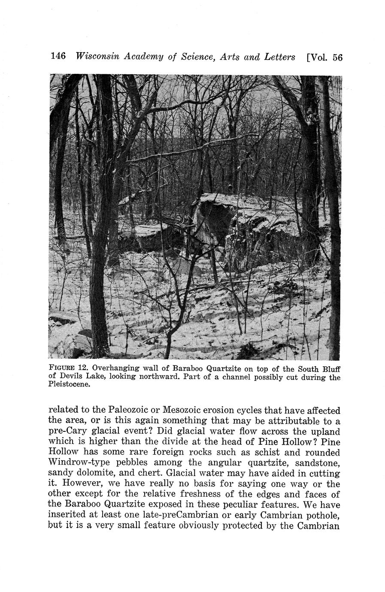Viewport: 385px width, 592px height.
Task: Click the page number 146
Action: click(58, 56)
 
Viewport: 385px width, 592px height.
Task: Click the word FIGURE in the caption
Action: click(63, 368)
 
